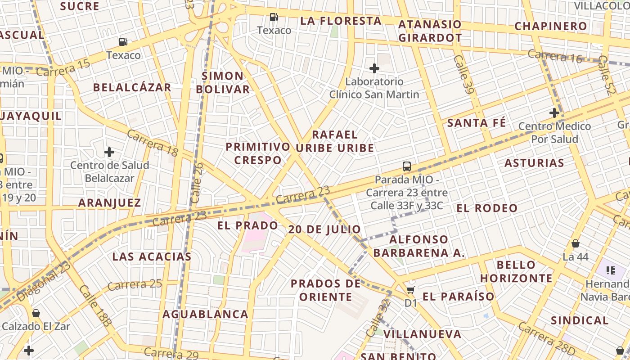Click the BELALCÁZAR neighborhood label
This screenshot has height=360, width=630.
pos(132,87)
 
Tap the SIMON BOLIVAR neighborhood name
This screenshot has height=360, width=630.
pos(223,82)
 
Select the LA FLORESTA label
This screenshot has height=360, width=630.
pos(341,21)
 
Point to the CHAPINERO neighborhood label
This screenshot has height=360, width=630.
pos(551,26)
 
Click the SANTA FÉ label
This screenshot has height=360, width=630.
pos(477,123)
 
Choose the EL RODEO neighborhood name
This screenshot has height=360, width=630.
pos(487,208)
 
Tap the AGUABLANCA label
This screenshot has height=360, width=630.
pos(205,314)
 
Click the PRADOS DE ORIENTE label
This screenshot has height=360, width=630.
pos(326,290)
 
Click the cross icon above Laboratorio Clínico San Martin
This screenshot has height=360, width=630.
pos(374,68)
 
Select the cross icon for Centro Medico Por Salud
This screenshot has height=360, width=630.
pos(554,113)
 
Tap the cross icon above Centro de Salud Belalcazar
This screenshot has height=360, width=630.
pos(109,152)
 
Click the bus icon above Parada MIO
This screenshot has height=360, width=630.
pos(407,166)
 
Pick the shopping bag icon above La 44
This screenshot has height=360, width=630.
pos(575,244)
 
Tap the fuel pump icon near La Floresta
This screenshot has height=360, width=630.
pos(274,18)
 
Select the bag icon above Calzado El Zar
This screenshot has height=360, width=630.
pos(36,313)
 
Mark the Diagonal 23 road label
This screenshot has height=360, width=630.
pos(44,281)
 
